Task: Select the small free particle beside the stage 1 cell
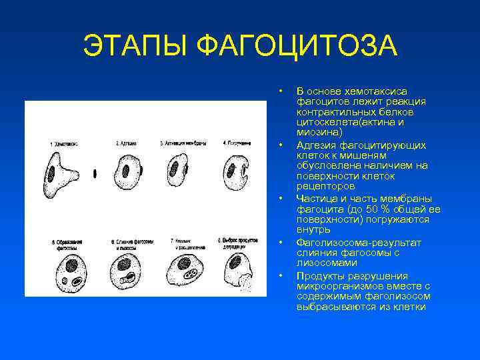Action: (95, 173)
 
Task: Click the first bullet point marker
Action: (282, 91)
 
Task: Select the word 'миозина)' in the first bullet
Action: (315, 133)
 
